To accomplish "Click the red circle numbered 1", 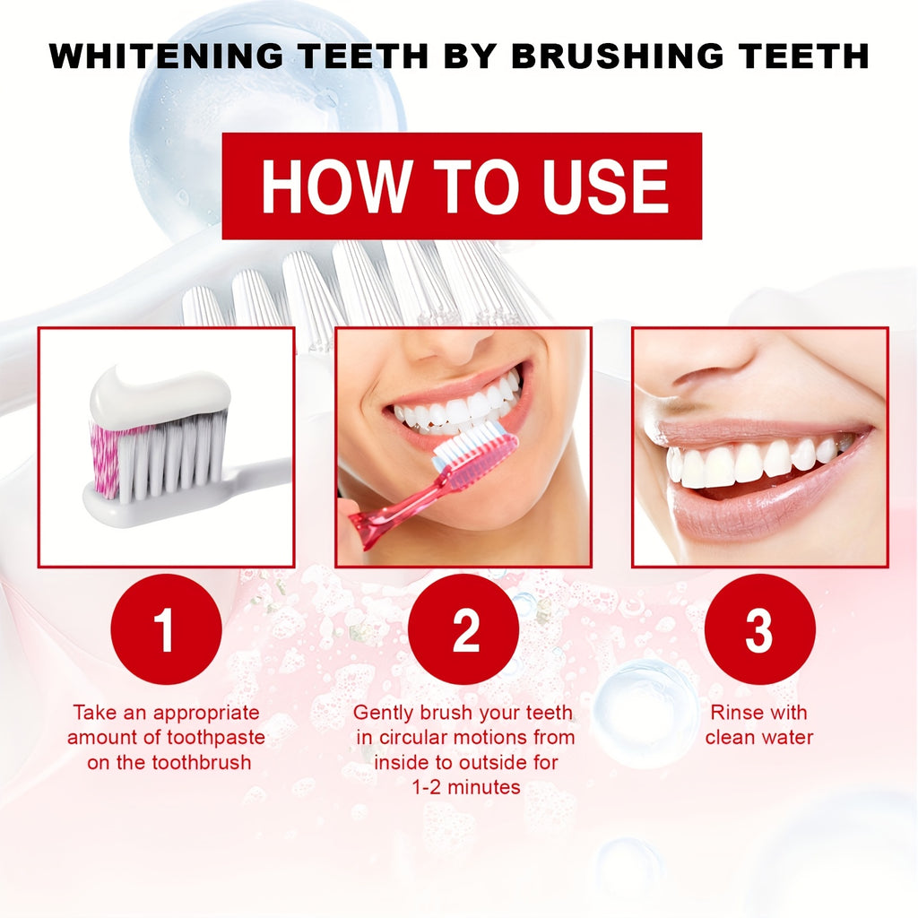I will click(166, 629).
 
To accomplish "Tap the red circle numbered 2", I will click(463, 629).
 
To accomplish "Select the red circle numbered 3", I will click(759, 629).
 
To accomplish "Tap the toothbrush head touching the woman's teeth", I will click(475, 448).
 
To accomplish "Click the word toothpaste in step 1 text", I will click(214, 738).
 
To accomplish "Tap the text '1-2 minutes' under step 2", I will click(465, 787).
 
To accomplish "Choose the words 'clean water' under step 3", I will click(758, 738).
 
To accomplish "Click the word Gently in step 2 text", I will click(384, 713).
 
